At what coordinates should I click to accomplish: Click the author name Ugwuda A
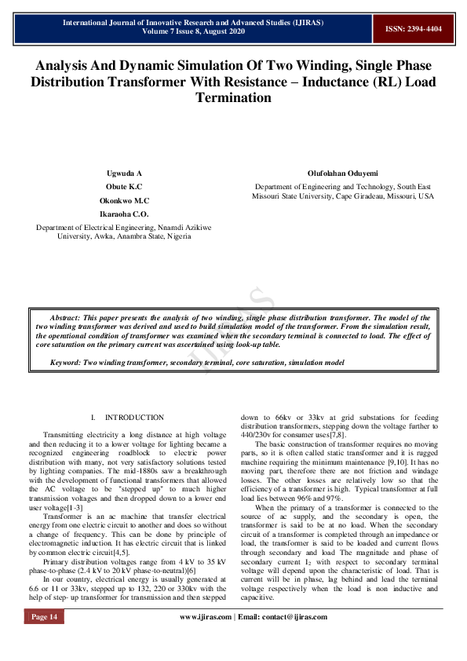coord(124,173)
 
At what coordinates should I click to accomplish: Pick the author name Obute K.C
coord(124,187)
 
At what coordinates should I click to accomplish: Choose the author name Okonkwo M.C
coord(124,200)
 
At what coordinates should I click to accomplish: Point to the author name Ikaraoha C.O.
coord(124,214)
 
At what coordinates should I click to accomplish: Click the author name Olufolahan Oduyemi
coord(342,173)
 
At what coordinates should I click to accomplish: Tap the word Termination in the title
coord(233,98)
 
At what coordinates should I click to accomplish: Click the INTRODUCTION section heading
coord(134,418)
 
